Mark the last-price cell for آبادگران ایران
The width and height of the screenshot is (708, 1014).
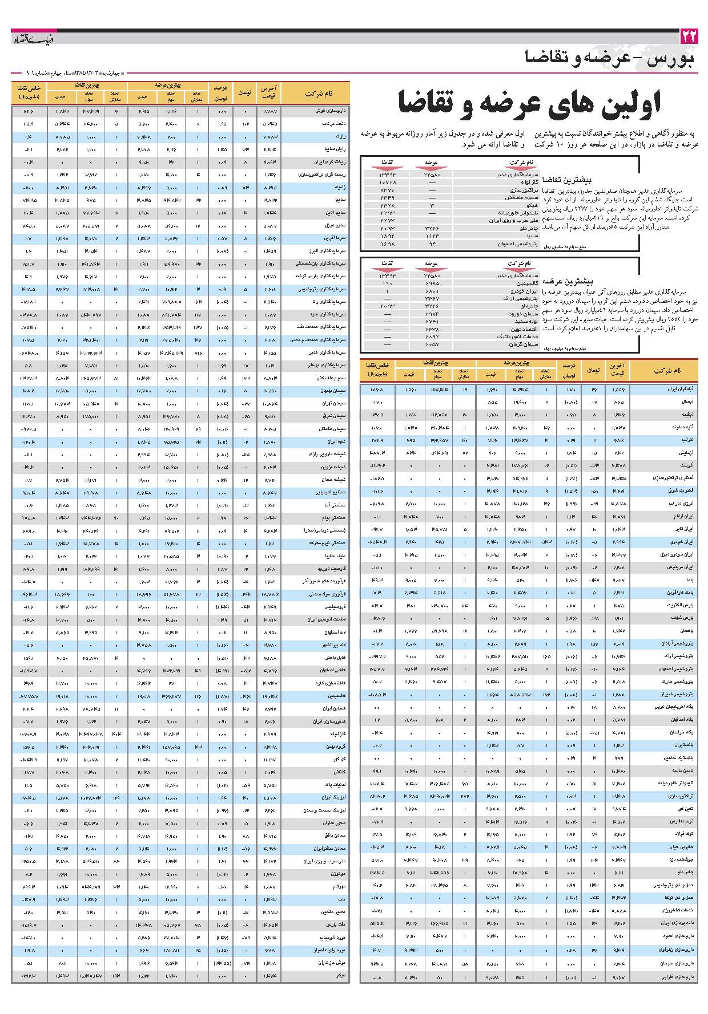[x=619, y=389]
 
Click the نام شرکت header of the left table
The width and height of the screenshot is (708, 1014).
[x=319, y=93]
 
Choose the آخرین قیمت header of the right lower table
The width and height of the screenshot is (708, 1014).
[x=619, y=370]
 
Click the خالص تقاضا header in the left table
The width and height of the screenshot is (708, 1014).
[x=28, y=93]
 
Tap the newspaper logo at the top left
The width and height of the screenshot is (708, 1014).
[x=33, y=39]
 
